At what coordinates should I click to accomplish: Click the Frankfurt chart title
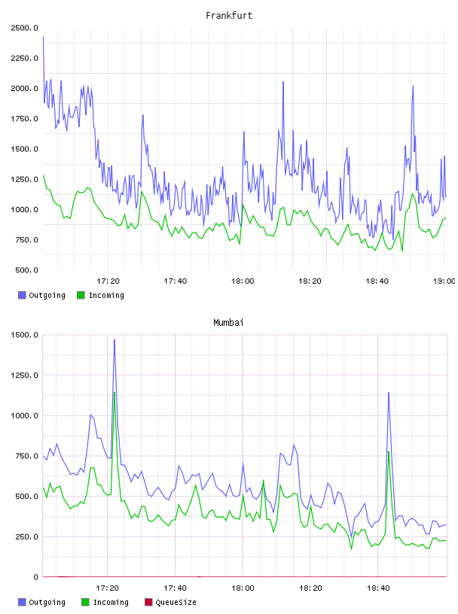(x=229, y=16)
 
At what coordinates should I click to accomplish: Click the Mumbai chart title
(x=228, y=323)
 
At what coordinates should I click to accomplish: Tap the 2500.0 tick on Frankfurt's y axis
(x=24, y=28)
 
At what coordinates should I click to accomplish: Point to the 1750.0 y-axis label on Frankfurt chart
(x=24, y=119)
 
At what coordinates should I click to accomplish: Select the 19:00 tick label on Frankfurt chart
(x=444, y=281)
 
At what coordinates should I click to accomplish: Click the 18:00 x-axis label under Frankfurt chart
(x=243, y=281)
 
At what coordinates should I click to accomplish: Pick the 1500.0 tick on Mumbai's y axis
(x=24, y=335)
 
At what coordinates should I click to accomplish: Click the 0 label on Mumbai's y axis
(x=35, y=577)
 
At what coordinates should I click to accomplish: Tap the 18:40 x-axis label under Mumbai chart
(x=378, y=588)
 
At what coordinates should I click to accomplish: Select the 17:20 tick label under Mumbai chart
(x=108, y=588)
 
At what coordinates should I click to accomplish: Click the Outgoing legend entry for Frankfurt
(x=42, y=295)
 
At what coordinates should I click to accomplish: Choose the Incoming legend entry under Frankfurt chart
(x=101, y=295)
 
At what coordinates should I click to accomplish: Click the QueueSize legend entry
(x=170, y=602)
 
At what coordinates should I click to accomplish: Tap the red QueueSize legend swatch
(x=148, y=602)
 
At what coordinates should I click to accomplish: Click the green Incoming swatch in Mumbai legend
(x=85, y=602)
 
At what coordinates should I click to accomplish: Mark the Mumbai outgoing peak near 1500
(x=114, y=339)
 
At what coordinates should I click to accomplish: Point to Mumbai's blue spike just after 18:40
(x=389, y=393)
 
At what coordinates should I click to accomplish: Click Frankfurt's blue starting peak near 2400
(x=43, y=37)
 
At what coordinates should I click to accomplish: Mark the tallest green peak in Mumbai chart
(x=114, y=393)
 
